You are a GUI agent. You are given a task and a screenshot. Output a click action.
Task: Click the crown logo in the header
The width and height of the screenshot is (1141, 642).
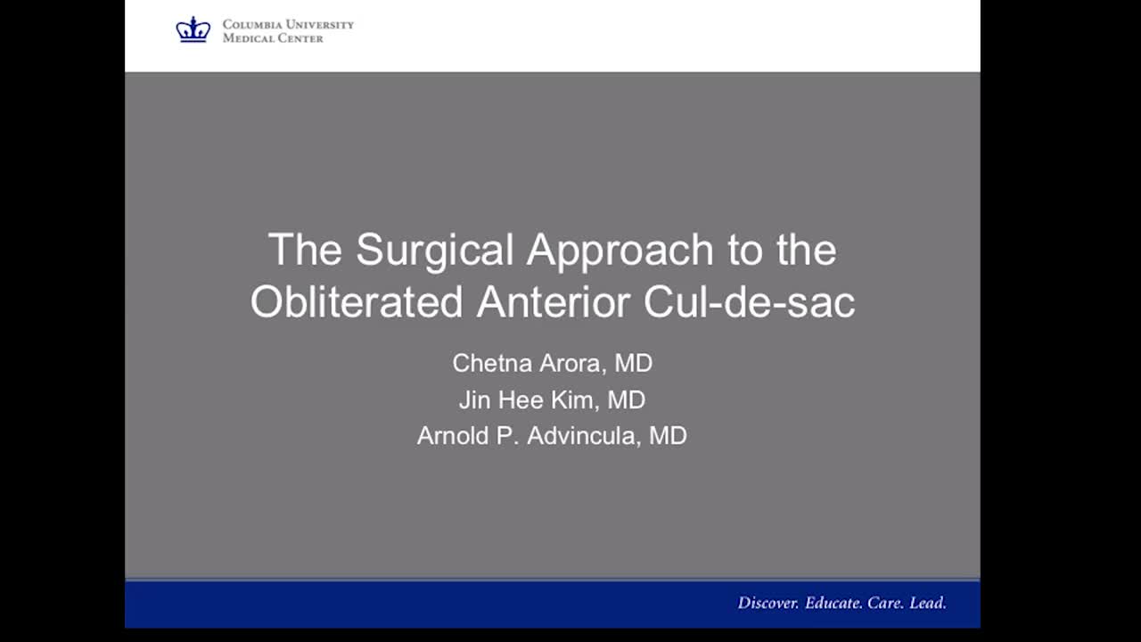pyautogui.click(x=193, y=29)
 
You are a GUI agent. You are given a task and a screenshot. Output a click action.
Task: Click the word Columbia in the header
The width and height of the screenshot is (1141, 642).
pyautogui.click(x=251, y=24)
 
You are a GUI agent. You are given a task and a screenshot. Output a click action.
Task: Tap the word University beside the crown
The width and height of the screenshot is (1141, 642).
pyautogui.click(x=320, y=24)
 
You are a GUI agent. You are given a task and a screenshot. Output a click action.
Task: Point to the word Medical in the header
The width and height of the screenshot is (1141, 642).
pyautogui.click(x=248, y=38)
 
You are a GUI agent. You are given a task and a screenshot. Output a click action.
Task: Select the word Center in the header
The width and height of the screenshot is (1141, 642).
pyautogui.click(x=300, y=38)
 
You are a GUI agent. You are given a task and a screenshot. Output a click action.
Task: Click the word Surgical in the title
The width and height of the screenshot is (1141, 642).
pyautogui.click(x=434, y=251)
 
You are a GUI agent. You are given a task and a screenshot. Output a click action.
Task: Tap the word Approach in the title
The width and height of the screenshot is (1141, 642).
pyautogui.click(x=620, y=251)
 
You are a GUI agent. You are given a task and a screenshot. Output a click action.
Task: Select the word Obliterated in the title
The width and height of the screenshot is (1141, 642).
pyautogui.click(x=357, y=301)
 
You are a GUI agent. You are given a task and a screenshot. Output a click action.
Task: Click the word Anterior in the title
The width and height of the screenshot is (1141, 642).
pyautogui.click(x=554, y=301)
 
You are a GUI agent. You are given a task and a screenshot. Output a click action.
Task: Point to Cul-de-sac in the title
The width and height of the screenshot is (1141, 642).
pyautogui.click(x=750, y=301)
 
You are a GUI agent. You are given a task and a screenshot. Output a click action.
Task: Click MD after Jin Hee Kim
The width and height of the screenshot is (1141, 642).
pyautogui.click(x=627, y=400)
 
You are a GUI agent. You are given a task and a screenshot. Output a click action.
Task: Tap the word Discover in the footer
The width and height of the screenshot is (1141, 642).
pyautogui.click(x=768, y=603)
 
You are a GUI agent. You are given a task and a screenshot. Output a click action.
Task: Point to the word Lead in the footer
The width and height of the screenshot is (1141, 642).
pyautogui.click(x=928, y=603)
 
